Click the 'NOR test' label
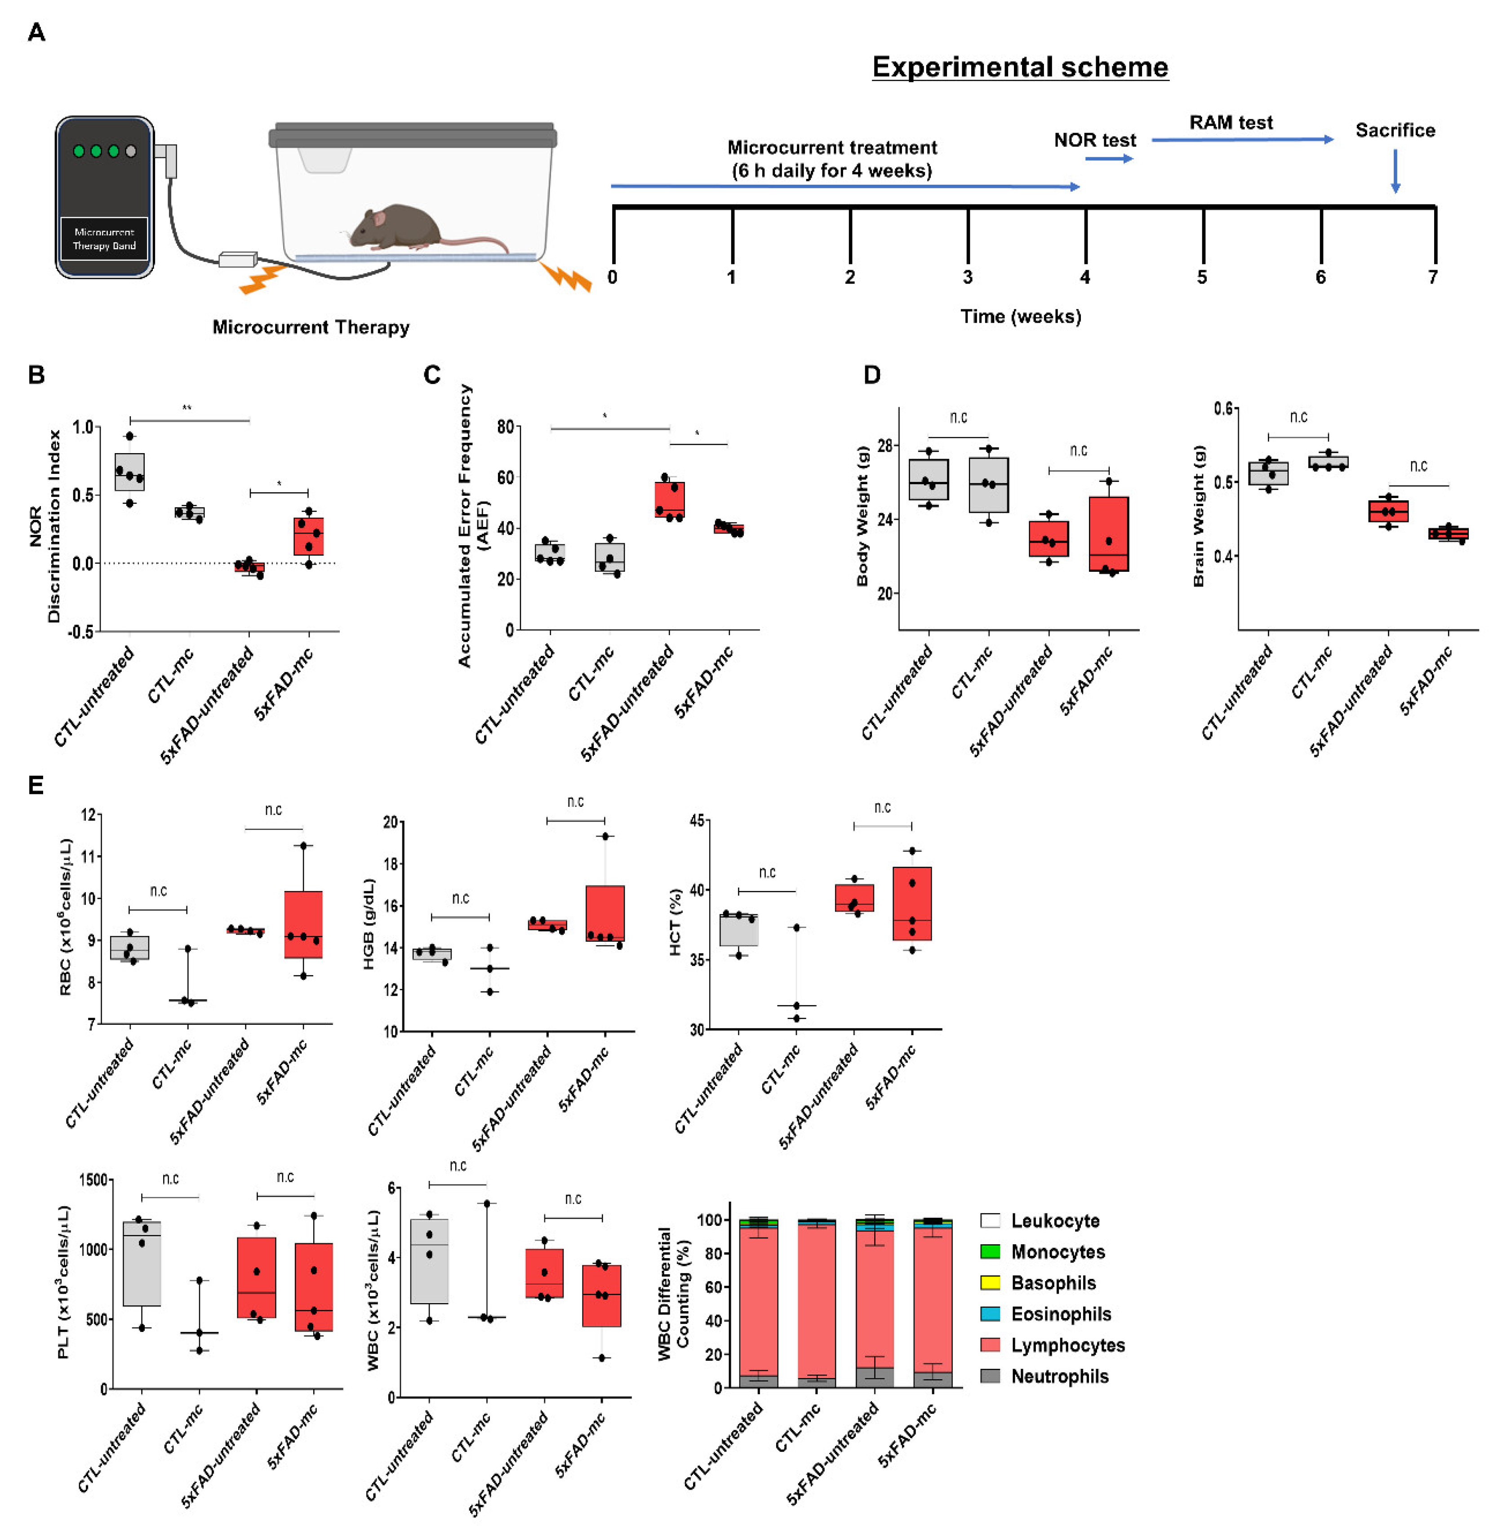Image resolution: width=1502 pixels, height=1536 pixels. click(x=1095, y=140)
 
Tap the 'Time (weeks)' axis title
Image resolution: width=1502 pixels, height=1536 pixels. click(x=1020, y=316)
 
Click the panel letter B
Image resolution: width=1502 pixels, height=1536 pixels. click(x=36, y=375)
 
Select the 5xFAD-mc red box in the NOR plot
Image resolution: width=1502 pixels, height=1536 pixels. click(x=308, y=536)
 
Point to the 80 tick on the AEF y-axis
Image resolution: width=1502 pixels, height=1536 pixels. click(x=505, y=427)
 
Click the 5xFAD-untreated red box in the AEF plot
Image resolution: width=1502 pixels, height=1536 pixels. click(x=670, y=499)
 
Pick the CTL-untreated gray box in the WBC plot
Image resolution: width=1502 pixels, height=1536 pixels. click(x=429, y=1261)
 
